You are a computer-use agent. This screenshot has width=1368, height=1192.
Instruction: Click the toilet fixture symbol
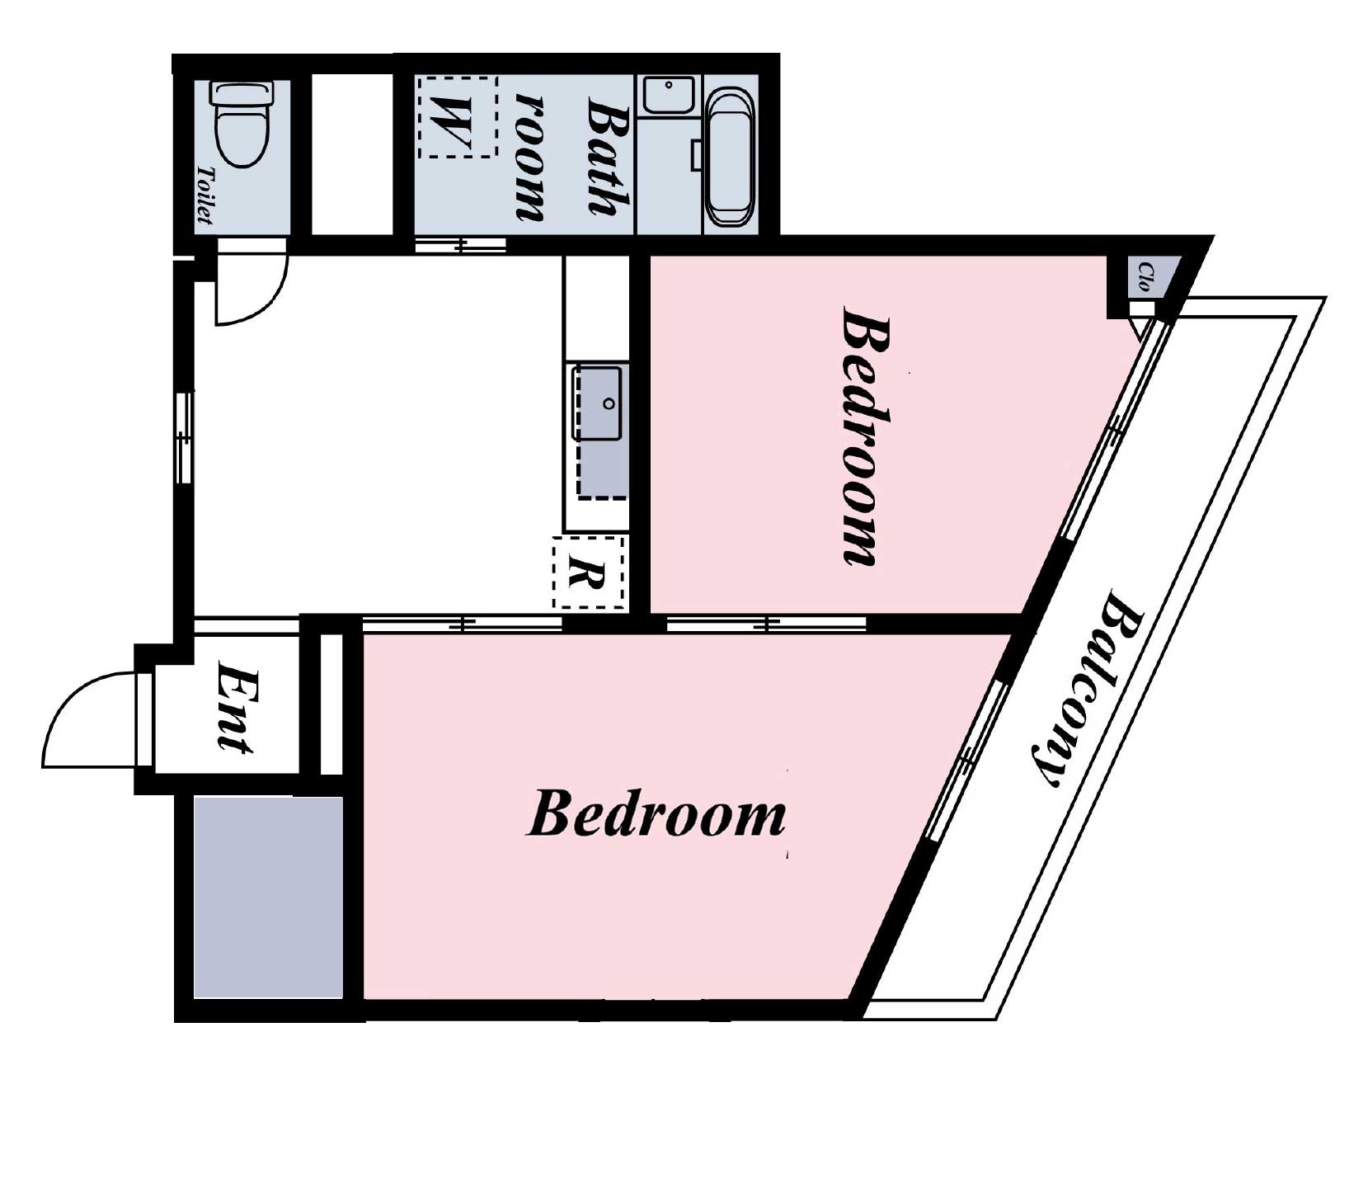242,124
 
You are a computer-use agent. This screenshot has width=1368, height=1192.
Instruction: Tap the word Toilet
203,196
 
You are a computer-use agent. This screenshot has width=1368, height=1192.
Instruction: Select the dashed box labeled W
458,116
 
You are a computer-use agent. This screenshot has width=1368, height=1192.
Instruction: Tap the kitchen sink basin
598,403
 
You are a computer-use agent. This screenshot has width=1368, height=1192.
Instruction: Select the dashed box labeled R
589,572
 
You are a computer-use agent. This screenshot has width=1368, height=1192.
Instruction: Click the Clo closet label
1145,277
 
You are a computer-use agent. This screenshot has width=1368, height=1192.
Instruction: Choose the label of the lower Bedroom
656,814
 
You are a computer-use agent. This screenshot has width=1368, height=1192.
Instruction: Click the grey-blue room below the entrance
268,898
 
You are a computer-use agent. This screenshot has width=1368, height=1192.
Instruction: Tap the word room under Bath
530,157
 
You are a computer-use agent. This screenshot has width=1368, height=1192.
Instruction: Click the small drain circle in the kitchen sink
609,404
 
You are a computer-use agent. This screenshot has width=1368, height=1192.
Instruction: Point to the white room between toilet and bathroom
352,154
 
